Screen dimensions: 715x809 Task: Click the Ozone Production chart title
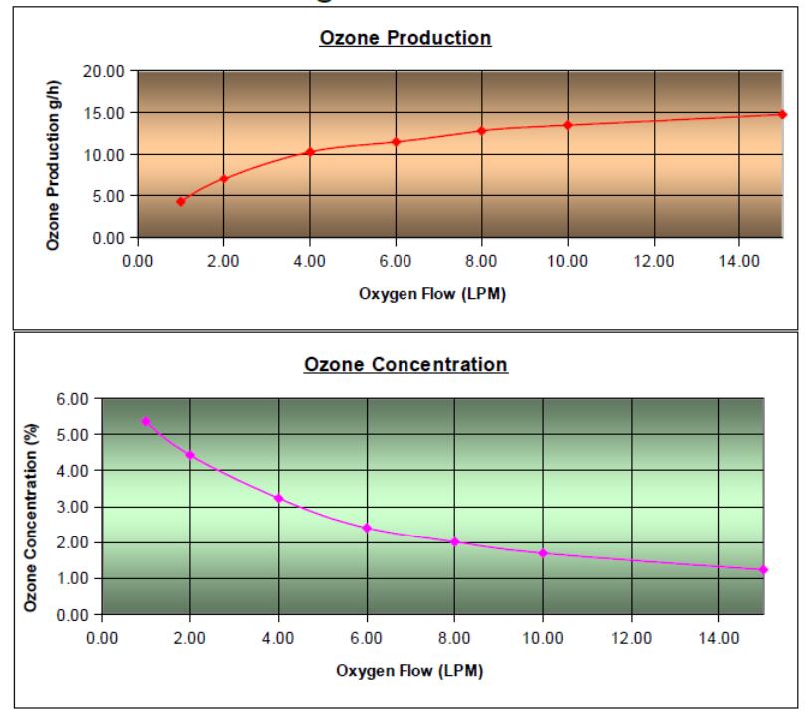pyautogui.click(x=405, y=39)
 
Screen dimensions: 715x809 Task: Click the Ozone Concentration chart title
pyautogui.click(x=405, y=364)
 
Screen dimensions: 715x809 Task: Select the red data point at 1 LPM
pyautogui.click(x=181, y=201)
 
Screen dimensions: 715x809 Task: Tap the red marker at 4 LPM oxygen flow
pyautogui.click(x=310, y=152)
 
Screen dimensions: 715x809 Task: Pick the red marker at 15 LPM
pyautogui.click(x=782, y=114)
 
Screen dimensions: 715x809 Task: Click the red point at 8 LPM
pyautogui.click(x=481, y=130)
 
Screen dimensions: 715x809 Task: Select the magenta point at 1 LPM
pyautogui.click(x=145, y=421)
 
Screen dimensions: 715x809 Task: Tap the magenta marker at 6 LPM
pyautogui.click(x=367, y=528)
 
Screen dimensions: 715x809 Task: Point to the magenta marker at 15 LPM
pyautogui.click(x=763, y=569)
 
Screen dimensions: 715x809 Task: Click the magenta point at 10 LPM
pyautogui.click(x=543, y=552)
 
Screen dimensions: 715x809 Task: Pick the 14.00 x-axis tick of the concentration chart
pyautogui.click(x=719, y=636)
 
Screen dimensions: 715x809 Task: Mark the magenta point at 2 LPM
pyautogui.click(x=189, y=455)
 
